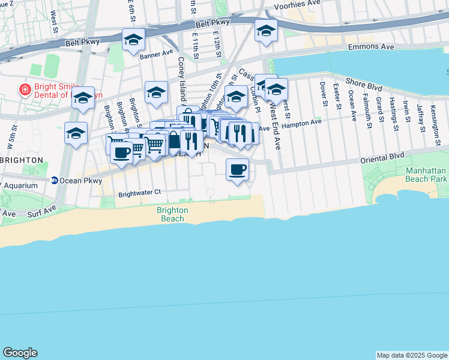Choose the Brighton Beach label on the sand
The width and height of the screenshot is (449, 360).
coord(172,215)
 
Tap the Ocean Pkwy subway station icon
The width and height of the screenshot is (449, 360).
coord(54,180)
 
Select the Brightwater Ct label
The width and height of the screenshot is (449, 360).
coord(140,193)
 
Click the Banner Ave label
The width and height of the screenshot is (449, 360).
coord(157,55)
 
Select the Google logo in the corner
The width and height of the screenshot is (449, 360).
coord(20,353)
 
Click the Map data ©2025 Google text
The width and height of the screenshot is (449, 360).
coord(412,355)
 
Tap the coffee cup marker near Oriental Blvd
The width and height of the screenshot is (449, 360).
coord(238,169)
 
